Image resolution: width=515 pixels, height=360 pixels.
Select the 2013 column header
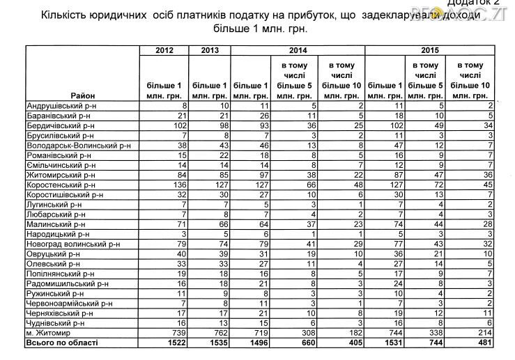click(x=210, y=49)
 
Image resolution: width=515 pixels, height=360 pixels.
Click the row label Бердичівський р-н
click(x=60, y=125)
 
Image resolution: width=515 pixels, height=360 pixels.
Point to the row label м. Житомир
click(x=48, y=333)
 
